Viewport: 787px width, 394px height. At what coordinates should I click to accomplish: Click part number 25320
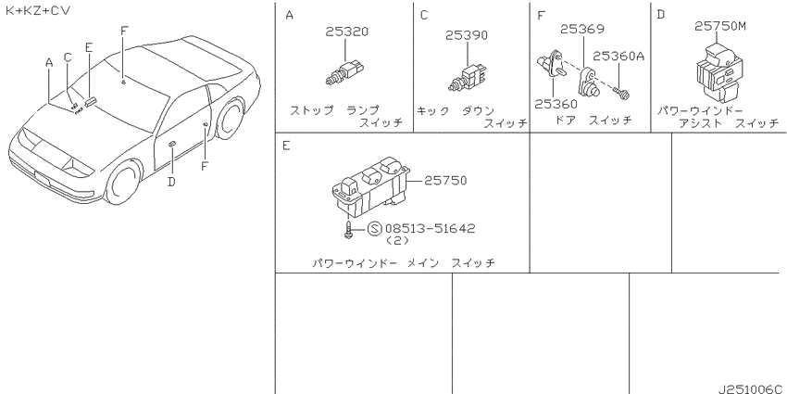tap(346, 32)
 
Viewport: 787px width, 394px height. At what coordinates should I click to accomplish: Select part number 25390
tap(467, 35)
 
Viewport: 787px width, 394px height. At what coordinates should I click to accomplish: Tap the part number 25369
tap(582, 29)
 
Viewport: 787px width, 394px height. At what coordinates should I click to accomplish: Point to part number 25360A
tap(618, 57)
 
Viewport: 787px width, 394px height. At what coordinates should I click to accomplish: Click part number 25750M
tap(719, 26)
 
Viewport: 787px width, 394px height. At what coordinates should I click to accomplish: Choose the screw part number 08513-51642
tap(430, 229)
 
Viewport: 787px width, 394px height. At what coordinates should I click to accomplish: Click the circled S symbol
tap(374, 229)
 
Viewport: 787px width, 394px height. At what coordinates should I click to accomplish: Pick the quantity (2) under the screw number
tap(397, 241)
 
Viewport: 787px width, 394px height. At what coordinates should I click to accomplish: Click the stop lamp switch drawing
tap(344, 73)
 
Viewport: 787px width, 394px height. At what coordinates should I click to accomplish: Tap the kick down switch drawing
tap(467, 79)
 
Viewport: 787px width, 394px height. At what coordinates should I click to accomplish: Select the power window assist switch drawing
tap(719, 73)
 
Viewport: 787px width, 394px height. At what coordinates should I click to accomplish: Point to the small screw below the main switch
tap(348, 229)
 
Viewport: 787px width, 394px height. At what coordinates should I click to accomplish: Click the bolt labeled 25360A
tap(621, 93)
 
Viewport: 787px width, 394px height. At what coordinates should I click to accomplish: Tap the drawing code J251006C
tap(751, 388)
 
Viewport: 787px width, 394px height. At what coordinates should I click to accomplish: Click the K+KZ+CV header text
tap(38, 10)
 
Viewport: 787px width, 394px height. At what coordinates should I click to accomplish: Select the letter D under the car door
tap(171, 182)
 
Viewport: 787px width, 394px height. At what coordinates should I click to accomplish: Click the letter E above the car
tap(89, 47)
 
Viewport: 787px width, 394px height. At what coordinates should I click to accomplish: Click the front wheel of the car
tap(124, 182)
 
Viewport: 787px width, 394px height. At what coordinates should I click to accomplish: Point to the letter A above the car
tap(49, 63)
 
